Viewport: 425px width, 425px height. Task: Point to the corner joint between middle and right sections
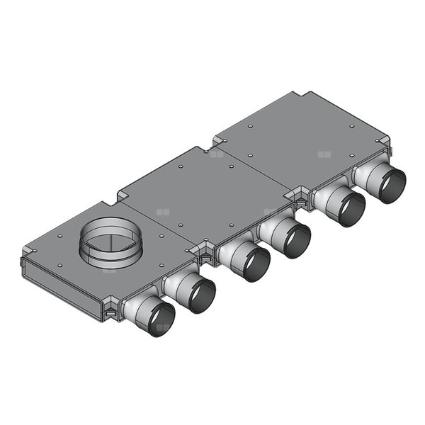298,198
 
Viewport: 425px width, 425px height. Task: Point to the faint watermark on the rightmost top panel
324,153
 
